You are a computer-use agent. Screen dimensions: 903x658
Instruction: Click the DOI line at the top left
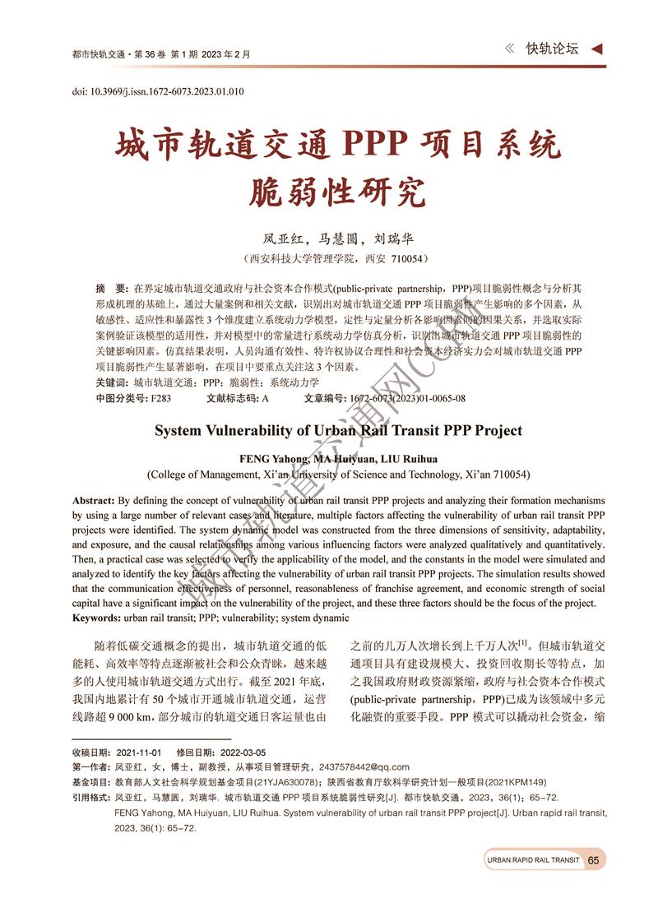coord(158,91)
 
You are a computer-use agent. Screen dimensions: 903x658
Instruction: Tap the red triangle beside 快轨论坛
coord(597,49)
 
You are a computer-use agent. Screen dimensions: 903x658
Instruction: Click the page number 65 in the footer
coord(594,860)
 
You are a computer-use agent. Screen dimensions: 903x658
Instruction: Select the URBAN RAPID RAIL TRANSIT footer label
coord(532,860)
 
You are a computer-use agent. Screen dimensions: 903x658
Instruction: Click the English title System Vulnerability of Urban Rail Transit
coord(338,430)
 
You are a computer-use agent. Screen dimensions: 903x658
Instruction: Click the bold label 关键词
coord(111,383)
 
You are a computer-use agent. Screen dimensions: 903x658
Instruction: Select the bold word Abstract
coord(94,500)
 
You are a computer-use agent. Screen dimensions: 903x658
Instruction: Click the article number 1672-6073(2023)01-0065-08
coord(406,398)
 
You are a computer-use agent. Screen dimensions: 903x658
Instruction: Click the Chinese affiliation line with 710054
coord(338,258)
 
